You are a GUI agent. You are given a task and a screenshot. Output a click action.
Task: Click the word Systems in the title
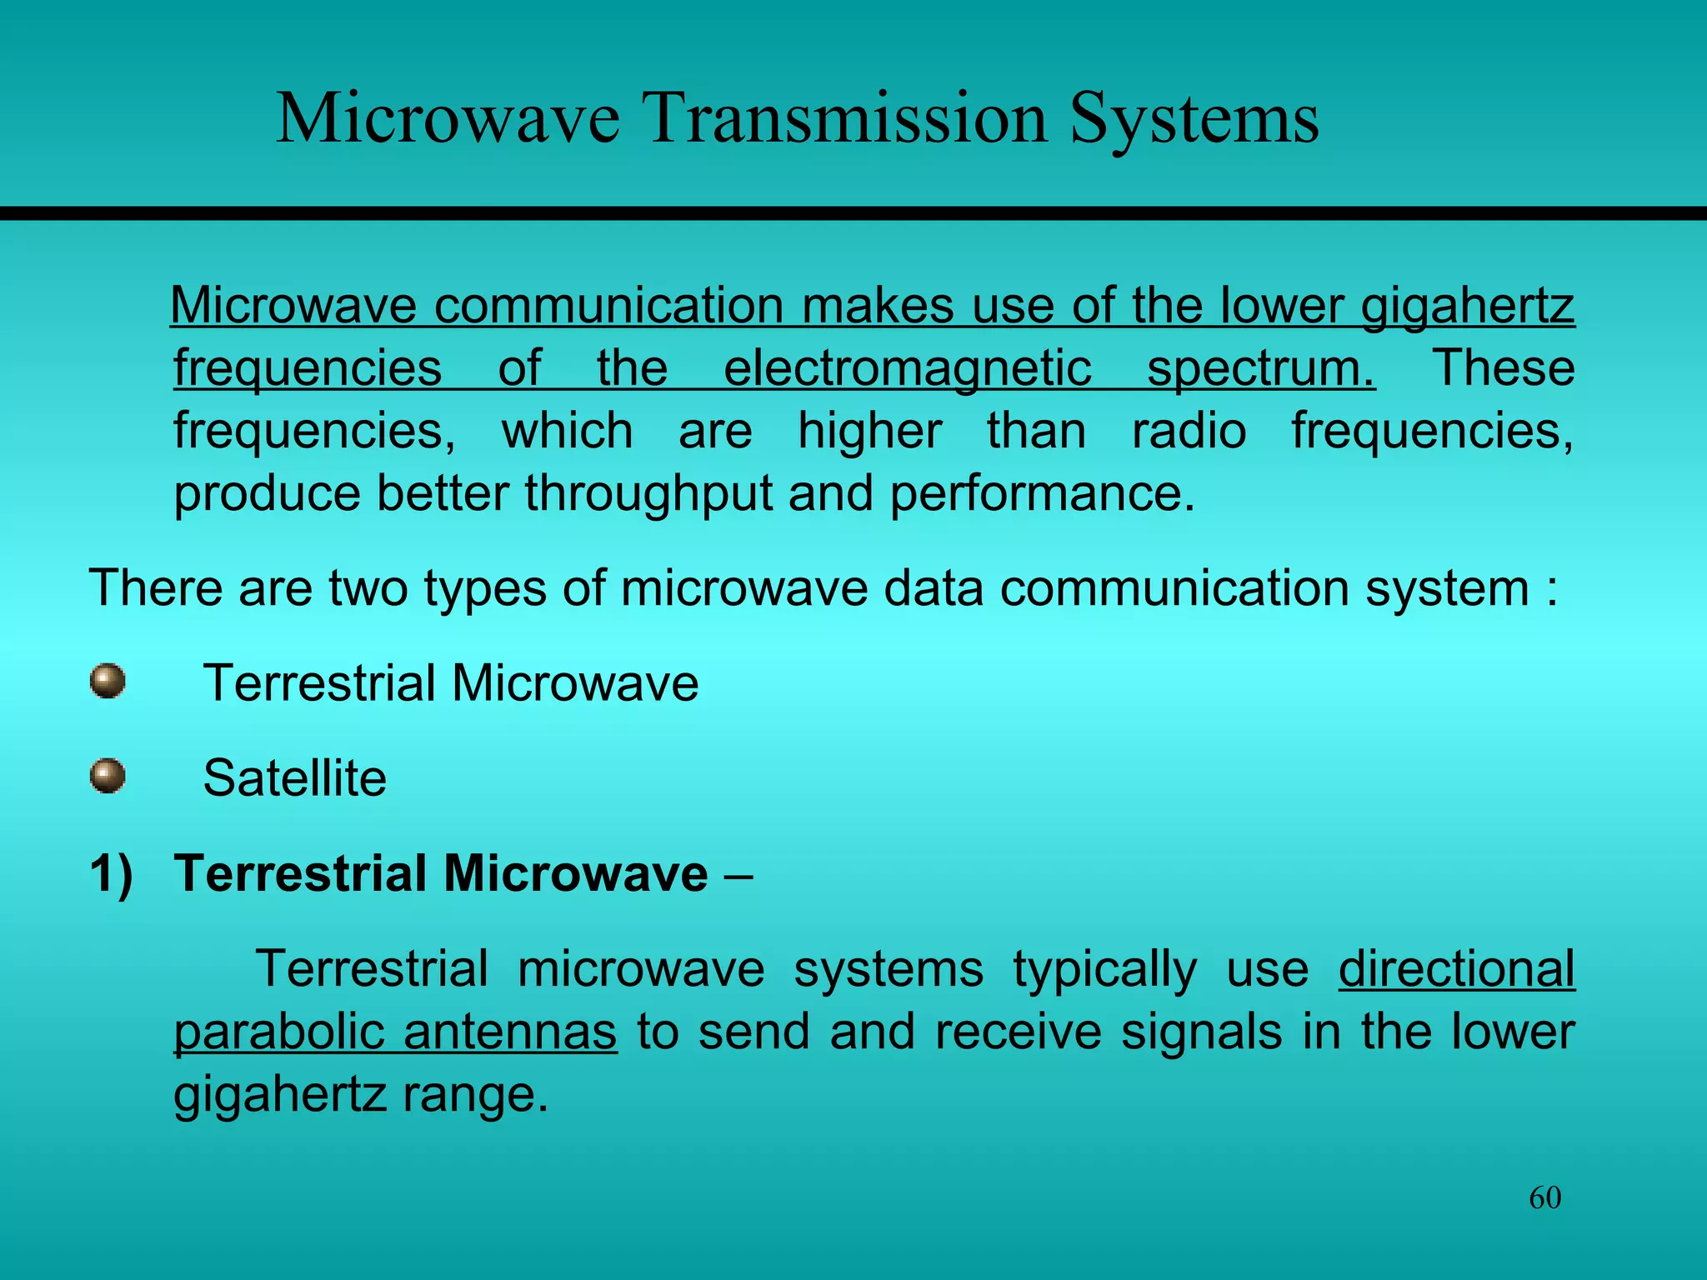point(1194,119)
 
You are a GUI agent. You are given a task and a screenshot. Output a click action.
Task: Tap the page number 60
point(1544,1198)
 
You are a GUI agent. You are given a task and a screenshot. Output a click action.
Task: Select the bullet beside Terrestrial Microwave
point(108,682)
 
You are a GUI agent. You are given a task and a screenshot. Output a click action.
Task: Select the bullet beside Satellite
point(108,777)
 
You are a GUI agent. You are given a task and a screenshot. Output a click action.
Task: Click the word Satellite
point(294,778)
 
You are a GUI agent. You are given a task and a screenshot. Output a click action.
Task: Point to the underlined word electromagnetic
point(907,368)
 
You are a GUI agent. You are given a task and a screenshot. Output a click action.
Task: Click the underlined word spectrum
point(1260,368)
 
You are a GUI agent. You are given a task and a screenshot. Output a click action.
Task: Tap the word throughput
point(648,493)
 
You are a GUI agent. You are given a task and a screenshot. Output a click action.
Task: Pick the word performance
point(1041,493)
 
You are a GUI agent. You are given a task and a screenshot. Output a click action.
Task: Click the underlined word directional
point(1456,969)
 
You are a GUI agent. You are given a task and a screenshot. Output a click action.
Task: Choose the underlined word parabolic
point(278,1032)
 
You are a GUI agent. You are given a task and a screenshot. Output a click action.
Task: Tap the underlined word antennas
point(510,1032)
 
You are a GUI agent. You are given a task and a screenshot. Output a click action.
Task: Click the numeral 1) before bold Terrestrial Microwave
point(112,874)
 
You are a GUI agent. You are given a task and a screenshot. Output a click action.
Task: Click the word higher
point(869,432)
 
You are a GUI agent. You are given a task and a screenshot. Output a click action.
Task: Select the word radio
point(1189,432)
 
